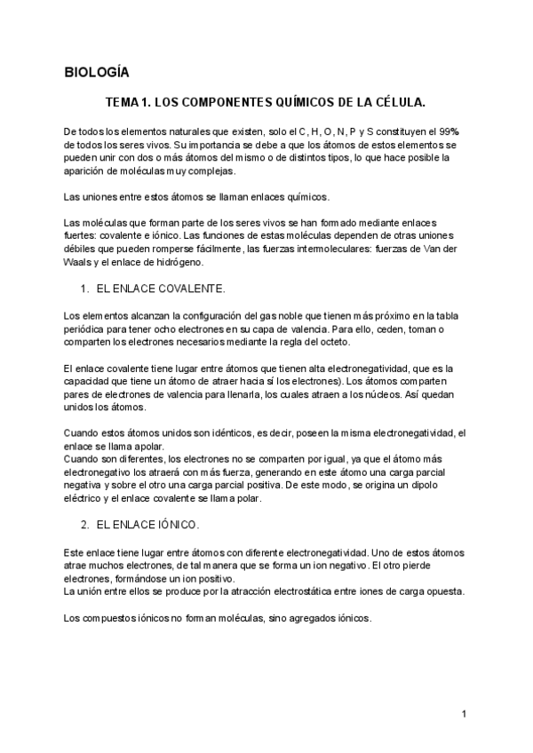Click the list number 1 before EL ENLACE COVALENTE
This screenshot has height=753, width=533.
(84, 289)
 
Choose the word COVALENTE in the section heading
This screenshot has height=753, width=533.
(187, 289)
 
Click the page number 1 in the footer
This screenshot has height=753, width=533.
(465, 714)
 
